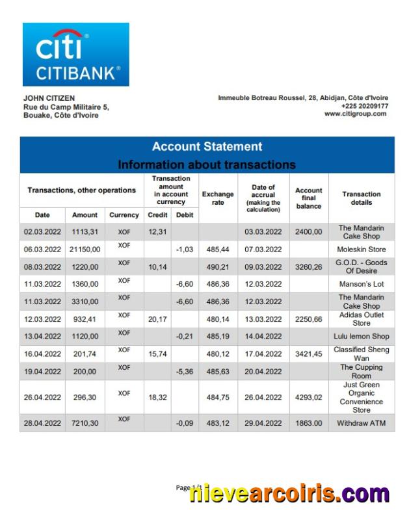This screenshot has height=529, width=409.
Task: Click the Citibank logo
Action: pos(75,55)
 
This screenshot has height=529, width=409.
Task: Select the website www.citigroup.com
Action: pos(355,114)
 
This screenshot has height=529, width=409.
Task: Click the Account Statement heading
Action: pos(207,147)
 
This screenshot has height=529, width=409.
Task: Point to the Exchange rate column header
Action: pos(218,198)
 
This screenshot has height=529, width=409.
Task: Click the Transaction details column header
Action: pos(361,198)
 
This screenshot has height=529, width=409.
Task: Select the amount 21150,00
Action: pos(85,250)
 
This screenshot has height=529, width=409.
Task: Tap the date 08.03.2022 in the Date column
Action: pos(42,267)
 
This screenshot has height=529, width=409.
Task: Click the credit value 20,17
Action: pos(157,319)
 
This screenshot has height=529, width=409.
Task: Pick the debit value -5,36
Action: pos(185,372)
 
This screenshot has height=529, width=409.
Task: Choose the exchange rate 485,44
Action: pos(218,250)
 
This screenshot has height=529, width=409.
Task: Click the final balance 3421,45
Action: pos(309,354)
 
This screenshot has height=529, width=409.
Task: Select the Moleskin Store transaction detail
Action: pos(361,250)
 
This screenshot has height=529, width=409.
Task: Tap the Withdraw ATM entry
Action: pos(361,423)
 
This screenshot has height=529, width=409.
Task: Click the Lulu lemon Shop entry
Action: pos(361,337)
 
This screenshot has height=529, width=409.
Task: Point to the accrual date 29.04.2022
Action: pos(263,423)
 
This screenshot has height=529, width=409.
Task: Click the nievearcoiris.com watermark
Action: pos(289,495)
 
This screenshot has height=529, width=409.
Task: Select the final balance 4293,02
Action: pos(309,398)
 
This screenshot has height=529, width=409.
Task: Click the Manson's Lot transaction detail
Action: pos(361,285)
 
